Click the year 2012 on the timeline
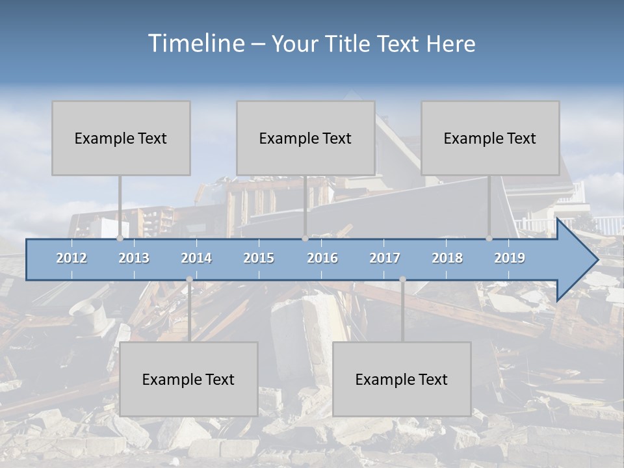click(x=71, y=258)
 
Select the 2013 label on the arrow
click(x=134, y=258)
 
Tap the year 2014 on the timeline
click(x=196, y=258)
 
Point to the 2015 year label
click(x=259, y=258)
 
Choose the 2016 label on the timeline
click(x=322, y=258)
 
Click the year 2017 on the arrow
click(x=385, y=258)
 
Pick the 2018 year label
click(x=447, y=258)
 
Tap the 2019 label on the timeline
click(x=510, y=258)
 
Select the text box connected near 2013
click(x=121, y=138)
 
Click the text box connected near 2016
click(x=305, y=138)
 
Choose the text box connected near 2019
click(x=490, y=138)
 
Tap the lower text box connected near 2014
click(x=188, y=379)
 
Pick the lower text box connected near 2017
click(x=402, y=379)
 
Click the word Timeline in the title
click(x=194, y=44)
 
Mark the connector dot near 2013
click(x=120, y=239)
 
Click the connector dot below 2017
click(x=402, y=279)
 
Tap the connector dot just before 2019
click(x=489, y=239)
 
